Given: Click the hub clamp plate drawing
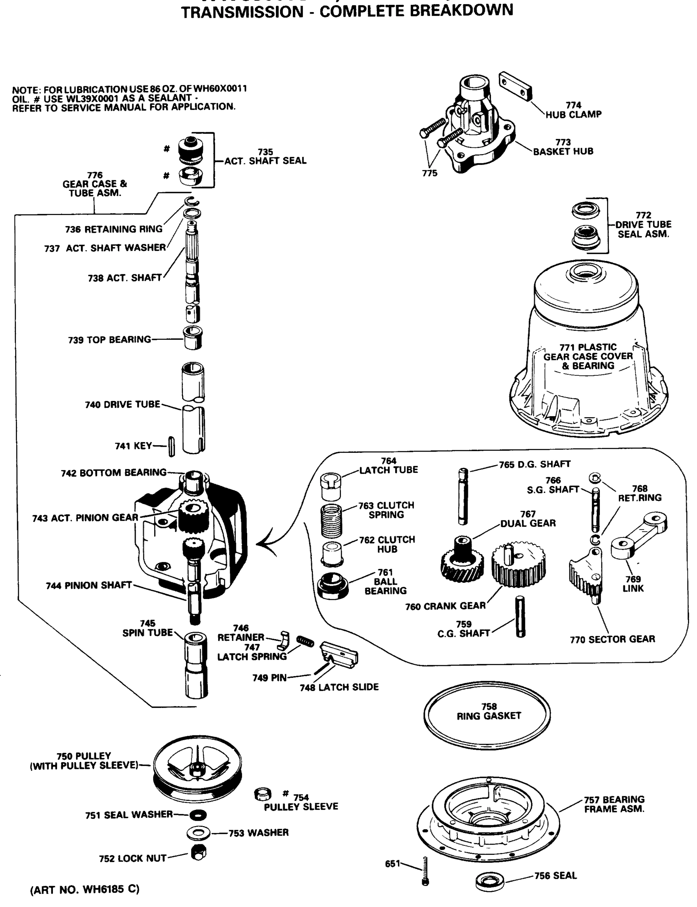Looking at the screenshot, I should [516, 86].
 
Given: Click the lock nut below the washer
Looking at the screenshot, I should [199, 853].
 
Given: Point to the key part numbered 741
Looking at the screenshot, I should [171, 446].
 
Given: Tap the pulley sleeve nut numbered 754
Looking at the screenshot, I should [262, 795].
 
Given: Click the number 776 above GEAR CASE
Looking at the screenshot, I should [94, 175].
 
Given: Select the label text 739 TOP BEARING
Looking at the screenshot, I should [110, 340].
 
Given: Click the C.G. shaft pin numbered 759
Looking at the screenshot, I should [520, 616].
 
